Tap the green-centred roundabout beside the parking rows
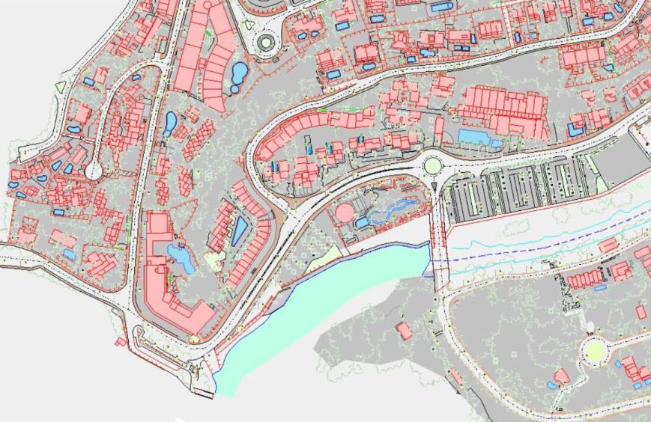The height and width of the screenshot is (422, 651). tap(432, 165)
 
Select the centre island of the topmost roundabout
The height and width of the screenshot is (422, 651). tap(266, 43)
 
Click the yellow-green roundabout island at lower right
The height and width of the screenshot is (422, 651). tap(595, 350)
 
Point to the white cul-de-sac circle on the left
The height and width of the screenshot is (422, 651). tap(94, 171)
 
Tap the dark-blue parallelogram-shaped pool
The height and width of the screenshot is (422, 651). tap(239, 230)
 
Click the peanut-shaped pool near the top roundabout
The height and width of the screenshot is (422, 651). tap(239, 74)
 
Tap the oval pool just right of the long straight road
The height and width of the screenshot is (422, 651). tap(170, 123)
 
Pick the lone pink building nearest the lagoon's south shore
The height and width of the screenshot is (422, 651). tap(404, 330)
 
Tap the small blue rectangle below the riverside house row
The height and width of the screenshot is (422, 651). tap(600, 287)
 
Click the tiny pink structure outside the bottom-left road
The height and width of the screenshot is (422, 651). tap(120, 342)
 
